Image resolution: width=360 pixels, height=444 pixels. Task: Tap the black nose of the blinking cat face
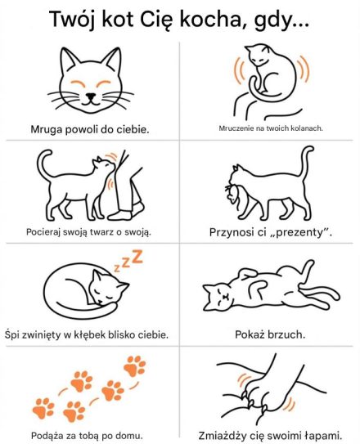(90, 96)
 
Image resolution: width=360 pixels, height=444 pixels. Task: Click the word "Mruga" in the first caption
(47, 130)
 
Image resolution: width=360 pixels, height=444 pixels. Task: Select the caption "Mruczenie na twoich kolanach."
(271, 128)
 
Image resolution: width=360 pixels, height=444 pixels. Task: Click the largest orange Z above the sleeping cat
(137, 256)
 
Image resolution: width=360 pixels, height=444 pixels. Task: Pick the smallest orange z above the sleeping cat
(117, 268)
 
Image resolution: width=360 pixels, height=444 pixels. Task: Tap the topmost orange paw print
(134, 366)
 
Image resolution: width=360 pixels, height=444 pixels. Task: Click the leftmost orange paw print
(43, 408)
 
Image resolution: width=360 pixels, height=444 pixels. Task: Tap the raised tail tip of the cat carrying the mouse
(310, 149)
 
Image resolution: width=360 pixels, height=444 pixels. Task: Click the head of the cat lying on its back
(218, 297)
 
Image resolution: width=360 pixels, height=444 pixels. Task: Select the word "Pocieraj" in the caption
(43, 232)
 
